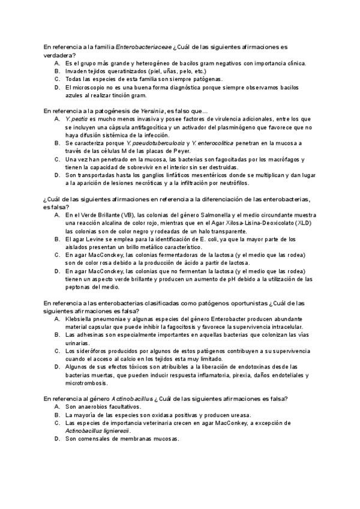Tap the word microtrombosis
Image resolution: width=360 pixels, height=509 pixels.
click(x=89, y=382)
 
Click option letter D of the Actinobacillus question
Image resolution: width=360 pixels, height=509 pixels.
click(x=56, y=439)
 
